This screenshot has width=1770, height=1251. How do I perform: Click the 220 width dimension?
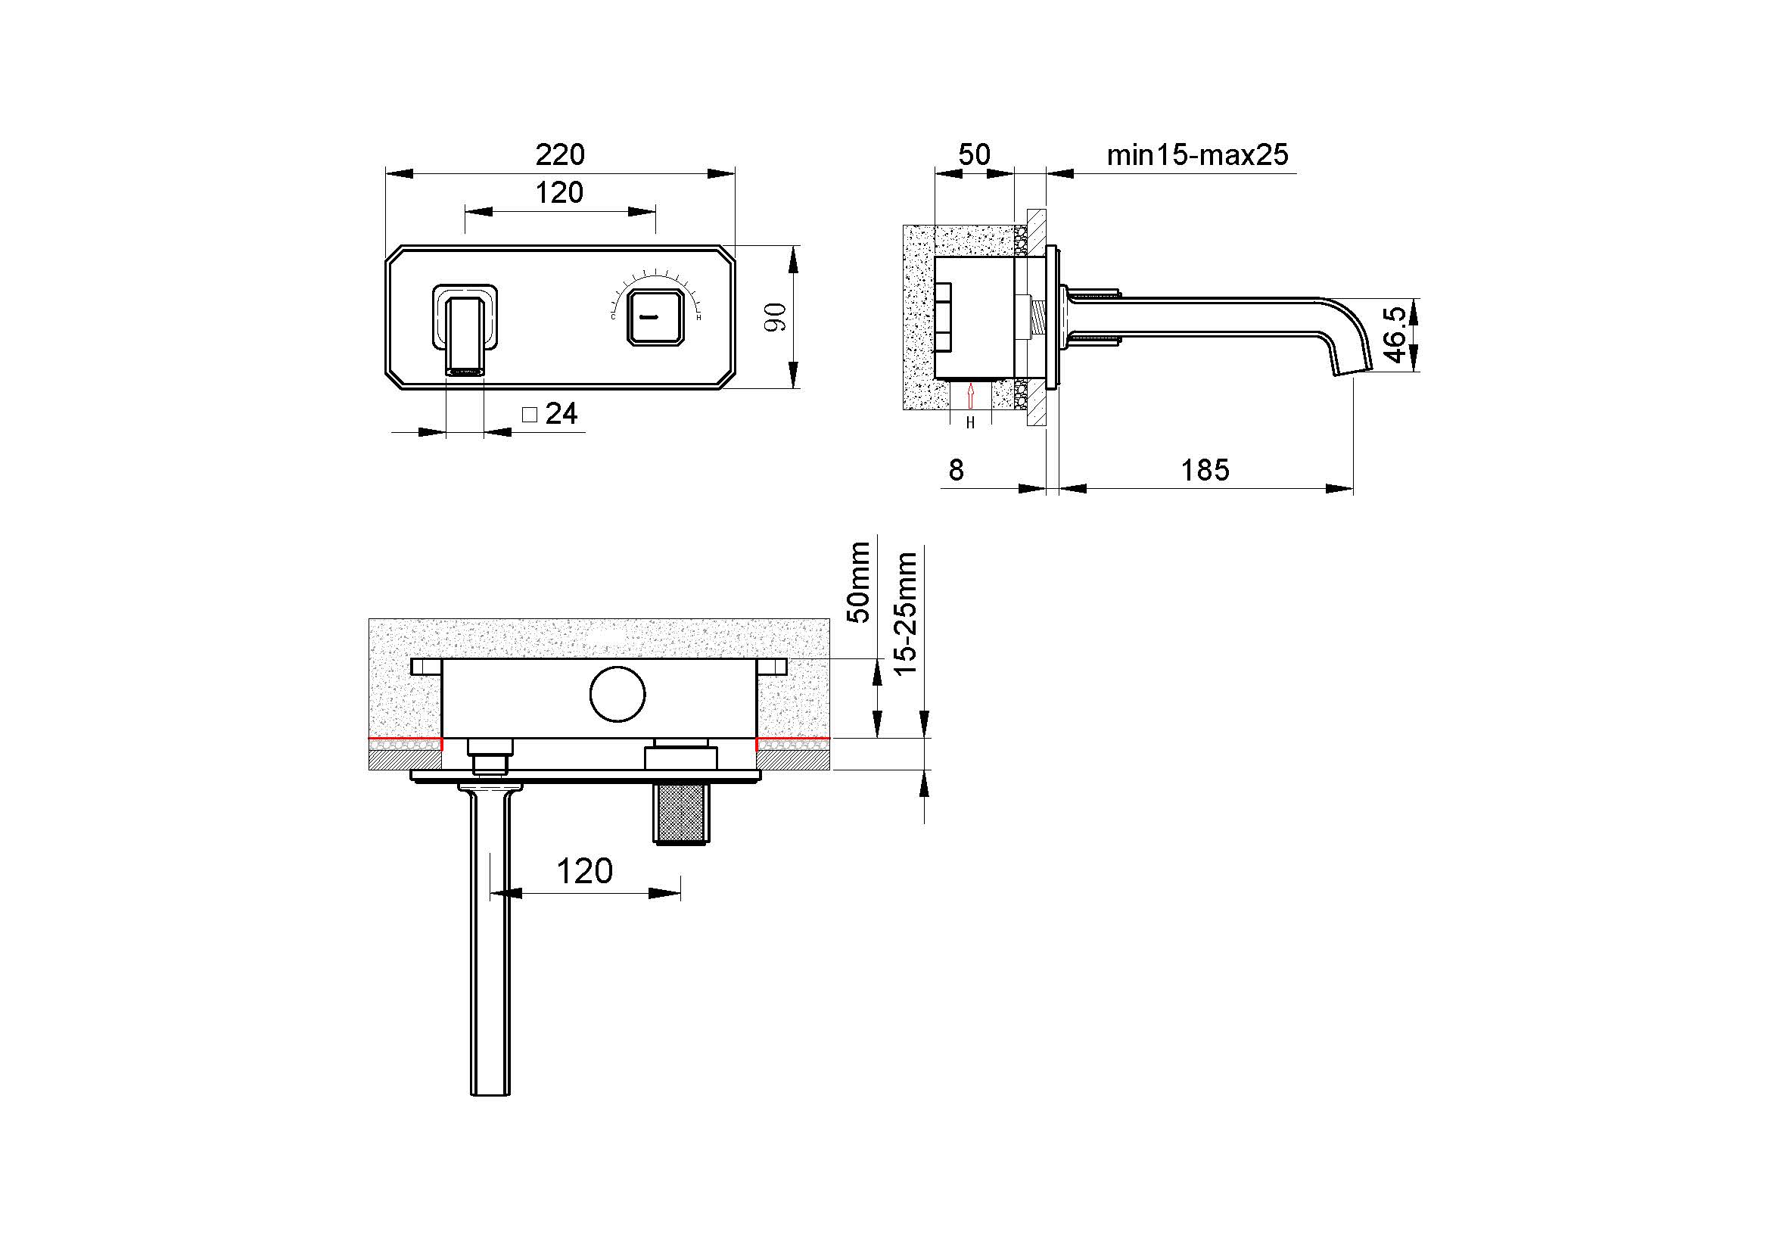pos(561,155)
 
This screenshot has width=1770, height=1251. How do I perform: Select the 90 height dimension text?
pos(776,317)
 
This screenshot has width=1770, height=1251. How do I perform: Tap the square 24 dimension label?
pos(550,414)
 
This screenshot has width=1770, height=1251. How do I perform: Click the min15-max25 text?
pos(1197,155)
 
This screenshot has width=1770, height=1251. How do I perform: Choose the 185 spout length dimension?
pos(1205,469)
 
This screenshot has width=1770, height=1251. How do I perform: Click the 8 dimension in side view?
pos(956,469)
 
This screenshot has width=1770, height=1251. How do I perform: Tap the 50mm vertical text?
pos(859,582)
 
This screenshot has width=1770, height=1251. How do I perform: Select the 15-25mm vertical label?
pos(906,615)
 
